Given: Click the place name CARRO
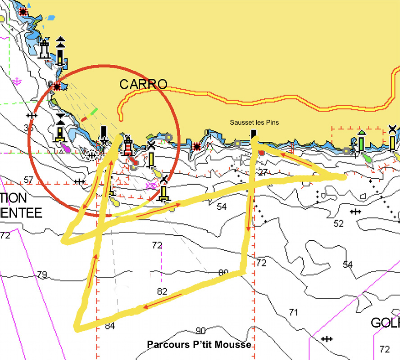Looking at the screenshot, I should (x=143, y=84).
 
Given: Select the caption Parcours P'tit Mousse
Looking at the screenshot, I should (x=199, y=344).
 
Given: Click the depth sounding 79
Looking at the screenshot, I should (x=42, y=274).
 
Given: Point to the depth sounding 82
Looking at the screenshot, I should (x=163, y=291).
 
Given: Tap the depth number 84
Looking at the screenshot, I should (x=110, y=326).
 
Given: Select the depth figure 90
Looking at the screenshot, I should (x=200, y=331).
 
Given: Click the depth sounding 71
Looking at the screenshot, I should (x=294, y=312).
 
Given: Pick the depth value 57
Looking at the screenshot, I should (x=29, y=180).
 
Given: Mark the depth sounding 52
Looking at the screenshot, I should (x=338, y=223).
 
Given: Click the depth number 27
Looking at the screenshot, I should (x=263, y=171).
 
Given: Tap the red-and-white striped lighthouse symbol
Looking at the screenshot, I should (x=128, y=145).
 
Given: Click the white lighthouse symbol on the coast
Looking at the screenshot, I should (x=44, y=49).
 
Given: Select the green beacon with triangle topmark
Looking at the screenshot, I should (x=361, y=141).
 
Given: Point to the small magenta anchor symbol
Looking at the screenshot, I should (x=17, y=81).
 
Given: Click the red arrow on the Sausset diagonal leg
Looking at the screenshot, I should (x=296, y=159).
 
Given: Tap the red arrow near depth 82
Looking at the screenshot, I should (x=162, y=301).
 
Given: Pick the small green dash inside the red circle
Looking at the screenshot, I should (x=94, y=110).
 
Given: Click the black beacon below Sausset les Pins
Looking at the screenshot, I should (x=254, y=134).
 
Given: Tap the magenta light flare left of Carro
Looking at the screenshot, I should (x=66, y=147).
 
